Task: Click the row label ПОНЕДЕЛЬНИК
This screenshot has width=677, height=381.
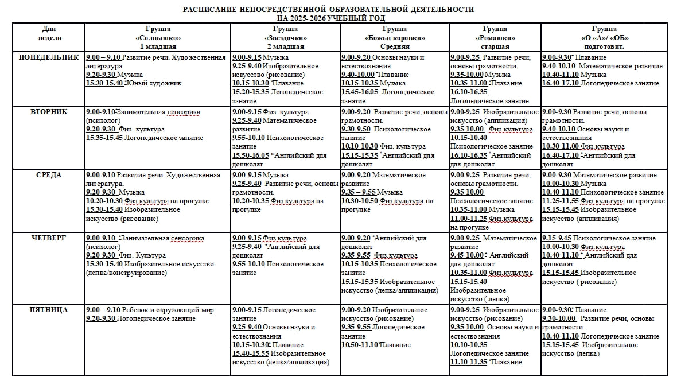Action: click(48, 57)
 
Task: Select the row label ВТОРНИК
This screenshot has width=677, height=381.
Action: click(48, 112)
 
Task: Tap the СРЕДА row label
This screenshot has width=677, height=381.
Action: click(48, 175)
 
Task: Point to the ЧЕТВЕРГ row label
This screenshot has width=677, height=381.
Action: click(48, 238)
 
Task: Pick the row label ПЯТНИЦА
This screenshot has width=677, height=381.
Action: click(48, 310)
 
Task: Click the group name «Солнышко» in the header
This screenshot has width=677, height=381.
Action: click(157, 38)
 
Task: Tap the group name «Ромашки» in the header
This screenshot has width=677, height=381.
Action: click(495, 38)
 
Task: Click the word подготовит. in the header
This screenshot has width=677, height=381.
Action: click(604, 46)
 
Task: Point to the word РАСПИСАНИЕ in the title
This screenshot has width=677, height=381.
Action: click(209, 10)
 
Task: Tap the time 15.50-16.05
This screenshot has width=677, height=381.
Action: click(251, 155)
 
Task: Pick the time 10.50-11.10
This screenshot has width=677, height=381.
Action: click(359, 345)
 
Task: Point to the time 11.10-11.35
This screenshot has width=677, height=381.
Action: click(468, 362)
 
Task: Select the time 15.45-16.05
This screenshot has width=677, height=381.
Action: click(360, 92)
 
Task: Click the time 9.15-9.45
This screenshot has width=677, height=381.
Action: click(557, 238)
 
